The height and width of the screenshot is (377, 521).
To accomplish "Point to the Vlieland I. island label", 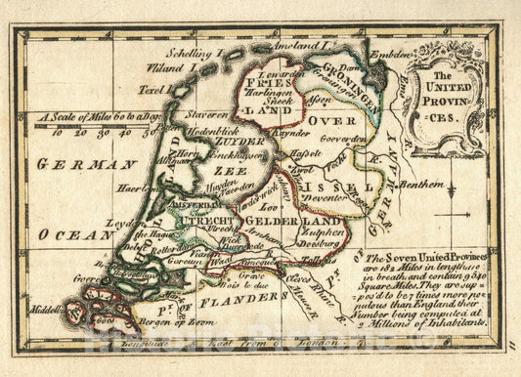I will [172, 69].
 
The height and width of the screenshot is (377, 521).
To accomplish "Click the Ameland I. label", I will [297, 46].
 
